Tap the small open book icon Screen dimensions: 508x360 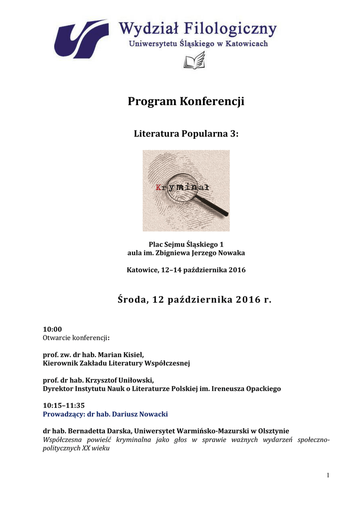pyautogui.click(x=194, y=62)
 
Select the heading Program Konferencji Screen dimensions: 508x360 pyautogui.click(x=186, y=102)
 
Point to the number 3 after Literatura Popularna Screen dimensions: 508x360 pyautogui.click(x=235, y=134)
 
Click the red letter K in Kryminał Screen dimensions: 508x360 pyautogui.click(x=158, y=188)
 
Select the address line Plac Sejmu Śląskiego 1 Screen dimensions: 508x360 pyautogui.click(x=186, y=244)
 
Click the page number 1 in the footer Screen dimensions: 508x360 pyautogui.click(x=328, y=476)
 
